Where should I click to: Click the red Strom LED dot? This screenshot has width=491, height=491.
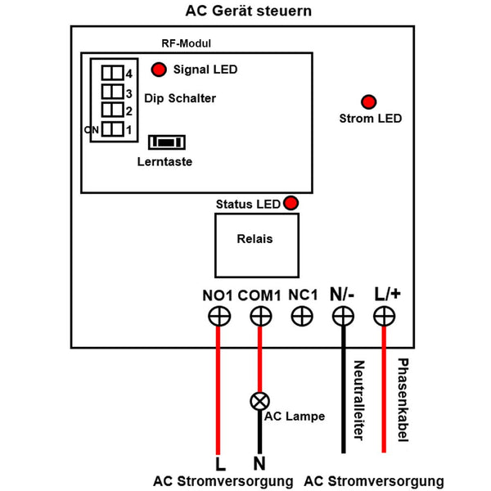click(x=369, y=101)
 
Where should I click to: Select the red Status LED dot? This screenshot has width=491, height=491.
click(x=291, y=203)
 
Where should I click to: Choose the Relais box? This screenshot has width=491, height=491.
click(x=255, y=244)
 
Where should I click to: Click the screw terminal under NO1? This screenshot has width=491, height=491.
click(x=218, y=316)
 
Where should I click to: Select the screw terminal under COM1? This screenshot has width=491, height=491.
click(x=260, y=316)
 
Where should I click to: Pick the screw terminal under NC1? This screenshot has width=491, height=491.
click(x=302, y=316)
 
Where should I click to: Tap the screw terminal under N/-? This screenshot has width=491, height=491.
click(x=343, y=316)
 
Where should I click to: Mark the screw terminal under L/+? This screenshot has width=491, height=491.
click(x=384, y=316)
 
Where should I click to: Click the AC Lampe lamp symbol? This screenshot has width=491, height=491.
click(x=260, y=401)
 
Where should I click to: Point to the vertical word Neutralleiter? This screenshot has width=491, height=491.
click(x=358, y=400)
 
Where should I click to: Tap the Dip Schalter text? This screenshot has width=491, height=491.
click(x=186, y=98)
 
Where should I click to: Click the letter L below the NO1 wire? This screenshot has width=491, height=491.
click(x=218, y=462)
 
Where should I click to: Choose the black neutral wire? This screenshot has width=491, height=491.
click(x=343, y=393)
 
